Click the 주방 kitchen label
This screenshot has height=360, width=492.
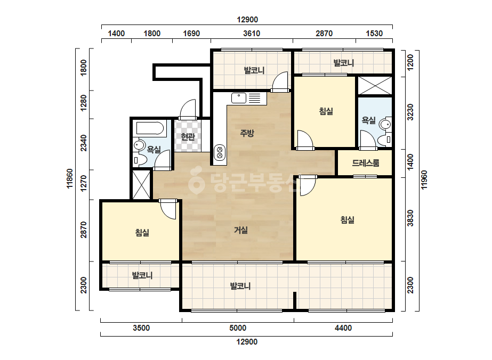click(247, 133)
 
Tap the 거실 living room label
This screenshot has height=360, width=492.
click(241, 230)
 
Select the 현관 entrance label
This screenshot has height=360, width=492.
click(188, 136)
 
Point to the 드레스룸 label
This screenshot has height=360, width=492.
click(366, 163)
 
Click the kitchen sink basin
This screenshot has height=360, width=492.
click(239, 98)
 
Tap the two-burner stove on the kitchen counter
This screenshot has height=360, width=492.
click(220, 152)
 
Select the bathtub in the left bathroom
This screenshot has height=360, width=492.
click(150, 128)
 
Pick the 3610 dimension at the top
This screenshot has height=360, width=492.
click(252, 33)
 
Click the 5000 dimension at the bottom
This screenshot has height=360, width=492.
click(238, 328)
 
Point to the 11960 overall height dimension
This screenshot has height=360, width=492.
click(424, 179)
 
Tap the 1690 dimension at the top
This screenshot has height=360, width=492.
click(191, 33)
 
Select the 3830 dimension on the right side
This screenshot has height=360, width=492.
click(410, 218)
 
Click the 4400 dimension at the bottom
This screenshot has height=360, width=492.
click(343, 328)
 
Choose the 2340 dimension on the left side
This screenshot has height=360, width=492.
click(84, 143)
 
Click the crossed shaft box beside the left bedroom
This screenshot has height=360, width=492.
click(141, 185)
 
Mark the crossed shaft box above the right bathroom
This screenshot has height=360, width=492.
click(375, 85)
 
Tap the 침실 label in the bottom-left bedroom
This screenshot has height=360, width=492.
click(142, 233)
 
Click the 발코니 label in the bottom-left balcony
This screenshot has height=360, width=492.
click(142, 275)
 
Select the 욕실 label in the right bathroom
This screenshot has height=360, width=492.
click(369, 120)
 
